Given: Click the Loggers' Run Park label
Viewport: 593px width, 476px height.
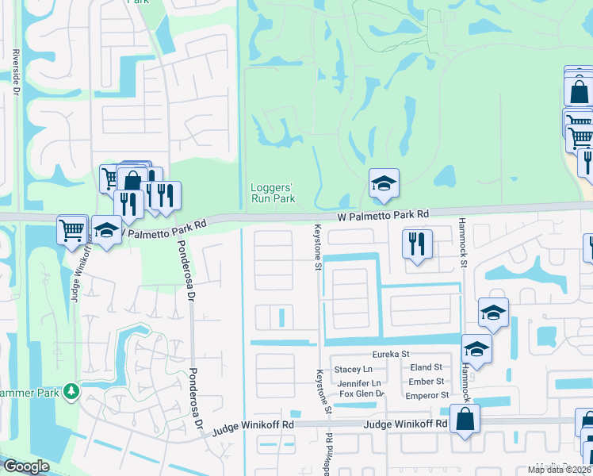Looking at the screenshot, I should [273, 193].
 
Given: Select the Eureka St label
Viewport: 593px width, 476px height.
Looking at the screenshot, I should [390, 355].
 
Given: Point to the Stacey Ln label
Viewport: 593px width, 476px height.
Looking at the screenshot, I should [354, 369].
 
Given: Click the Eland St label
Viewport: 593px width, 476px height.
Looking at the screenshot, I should [426, 367].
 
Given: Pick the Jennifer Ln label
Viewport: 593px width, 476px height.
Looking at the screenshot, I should [355, 382].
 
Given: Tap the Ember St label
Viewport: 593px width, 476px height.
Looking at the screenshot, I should [426, 382].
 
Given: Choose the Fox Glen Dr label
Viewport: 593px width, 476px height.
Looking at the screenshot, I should [362, 393].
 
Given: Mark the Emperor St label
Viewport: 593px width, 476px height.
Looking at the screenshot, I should [427, 394].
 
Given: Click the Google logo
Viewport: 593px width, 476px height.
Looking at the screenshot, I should [26, 466].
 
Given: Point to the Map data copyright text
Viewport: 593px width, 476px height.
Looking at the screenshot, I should [560, 470].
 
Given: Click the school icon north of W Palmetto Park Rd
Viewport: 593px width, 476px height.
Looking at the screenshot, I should [384, 185].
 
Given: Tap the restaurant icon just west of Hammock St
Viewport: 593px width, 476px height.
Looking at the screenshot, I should [417, 244].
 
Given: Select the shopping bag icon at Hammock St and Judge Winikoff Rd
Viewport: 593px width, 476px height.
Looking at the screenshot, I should [465, 420].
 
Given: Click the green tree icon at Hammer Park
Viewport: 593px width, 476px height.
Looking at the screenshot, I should [71, 392].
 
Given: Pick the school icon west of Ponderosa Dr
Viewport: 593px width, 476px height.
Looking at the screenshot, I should [106, 231].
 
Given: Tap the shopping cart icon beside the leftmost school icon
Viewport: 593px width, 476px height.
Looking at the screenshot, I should [71, 230].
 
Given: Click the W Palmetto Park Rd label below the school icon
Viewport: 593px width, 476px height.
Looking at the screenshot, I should [383, 214].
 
